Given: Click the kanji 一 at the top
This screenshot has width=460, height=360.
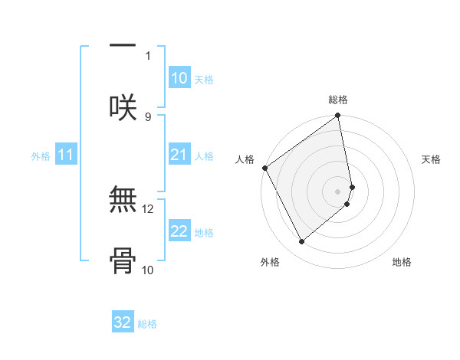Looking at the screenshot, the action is (x=123, y=44).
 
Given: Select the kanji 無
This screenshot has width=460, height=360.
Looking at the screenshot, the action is (x=123, y=201).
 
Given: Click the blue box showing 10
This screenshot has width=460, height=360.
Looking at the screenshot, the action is (x=179, y=78).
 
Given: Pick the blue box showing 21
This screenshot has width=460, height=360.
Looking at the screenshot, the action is (x=179, y=155).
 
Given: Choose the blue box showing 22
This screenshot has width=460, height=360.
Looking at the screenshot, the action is (x=179, y=232).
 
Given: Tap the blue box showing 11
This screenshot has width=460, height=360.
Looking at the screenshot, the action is (x=66, y=155).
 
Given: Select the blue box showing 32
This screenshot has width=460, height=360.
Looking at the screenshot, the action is (x=123, y=322).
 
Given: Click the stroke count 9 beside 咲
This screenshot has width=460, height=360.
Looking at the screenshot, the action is (x=148, y=116).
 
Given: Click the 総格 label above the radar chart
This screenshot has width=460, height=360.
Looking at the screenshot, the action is (x=338, y=100).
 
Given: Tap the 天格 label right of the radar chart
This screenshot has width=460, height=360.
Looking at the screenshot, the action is (x=432, y=159).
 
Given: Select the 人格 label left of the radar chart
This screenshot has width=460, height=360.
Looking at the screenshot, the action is (x=245, y=159).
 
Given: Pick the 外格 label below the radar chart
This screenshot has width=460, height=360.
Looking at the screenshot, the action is (x=270, y=263).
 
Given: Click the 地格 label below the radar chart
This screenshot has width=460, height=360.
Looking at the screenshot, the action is (x=402, y=263).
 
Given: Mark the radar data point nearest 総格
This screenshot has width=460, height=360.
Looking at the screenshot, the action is (x=338, y=116).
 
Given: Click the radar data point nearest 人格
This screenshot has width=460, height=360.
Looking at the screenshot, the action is (x=265, y=168).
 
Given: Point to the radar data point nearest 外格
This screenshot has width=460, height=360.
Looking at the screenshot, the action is (x=302, y=241).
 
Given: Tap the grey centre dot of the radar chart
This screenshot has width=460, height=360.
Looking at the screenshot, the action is (x=338, y=191).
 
